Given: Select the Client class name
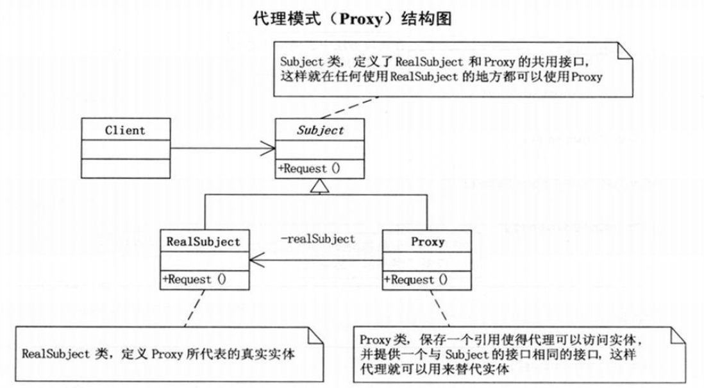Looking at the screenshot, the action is [125, 130].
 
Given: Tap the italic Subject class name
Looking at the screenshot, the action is [320, 130].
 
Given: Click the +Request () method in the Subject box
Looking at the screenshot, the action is [309, 169].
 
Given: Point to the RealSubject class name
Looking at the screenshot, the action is [203, 242].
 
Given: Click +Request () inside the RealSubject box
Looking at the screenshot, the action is [194, 280].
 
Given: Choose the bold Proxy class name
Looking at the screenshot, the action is [428, 242].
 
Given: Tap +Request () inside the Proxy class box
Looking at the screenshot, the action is [415, 280].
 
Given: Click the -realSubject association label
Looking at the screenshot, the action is [318, 239].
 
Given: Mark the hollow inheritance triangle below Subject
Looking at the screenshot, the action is [320, 186].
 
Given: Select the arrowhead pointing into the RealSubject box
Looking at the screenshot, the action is [257, 260].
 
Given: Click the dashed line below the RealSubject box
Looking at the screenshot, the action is [194, 308].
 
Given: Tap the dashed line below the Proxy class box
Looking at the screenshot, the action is [440, 308].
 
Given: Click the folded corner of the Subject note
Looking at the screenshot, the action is [625, 50].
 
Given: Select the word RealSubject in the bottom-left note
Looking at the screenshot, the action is [56, 354].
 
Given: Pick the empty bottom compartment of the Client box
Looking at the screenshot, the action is [126, 169].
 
